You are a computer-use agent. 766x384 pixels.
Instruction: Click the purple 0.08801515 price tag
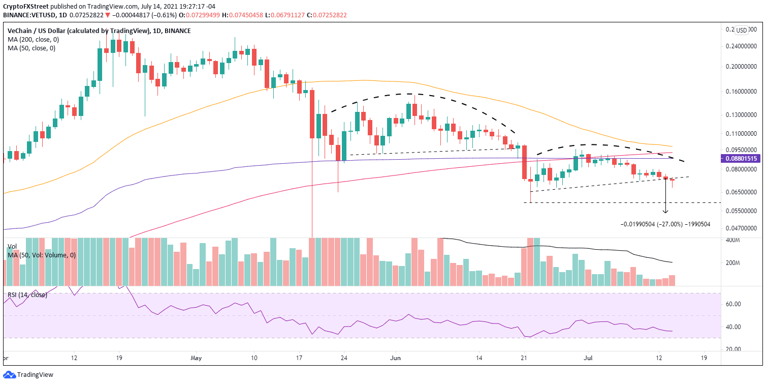[x=742, y=159]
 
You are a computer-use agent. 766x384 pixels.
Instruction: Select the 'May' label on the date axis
[x=197, y=358]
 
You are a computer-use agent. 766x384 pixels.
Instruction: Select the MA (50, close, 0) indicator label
[x=31, y=48]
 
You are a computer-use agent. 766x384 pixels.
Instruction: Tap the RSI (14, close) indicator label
[x=27, y=294]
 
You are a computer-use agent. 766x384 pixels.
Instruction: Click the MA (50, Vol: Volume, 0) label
[x=41, y=255]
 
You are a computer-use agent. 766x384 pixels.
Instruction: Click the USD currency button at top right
[x=742, y=30]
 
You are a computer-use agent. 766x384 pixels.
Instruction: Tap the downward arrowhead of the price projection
[x=665, y=211]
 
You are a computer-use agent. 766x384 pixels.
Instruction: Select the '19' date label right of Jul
[x=703, y=358]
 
